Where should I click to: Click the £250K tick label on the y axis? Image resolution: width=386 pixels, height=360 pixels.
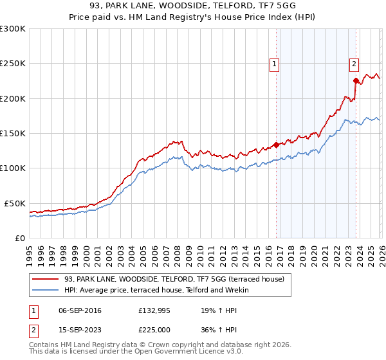[12, 64]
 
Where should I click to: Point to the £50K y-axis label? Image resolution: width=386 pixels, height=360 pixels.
[15, 203]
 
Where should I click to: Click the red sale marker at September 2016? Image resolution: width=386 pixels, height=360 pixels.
[277, 145]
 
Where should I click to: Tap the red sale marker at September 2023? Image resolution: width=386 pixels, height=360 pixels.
[356, 81]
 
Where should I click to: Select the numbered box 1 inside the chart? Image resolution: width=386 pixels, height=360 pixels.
[275, 63]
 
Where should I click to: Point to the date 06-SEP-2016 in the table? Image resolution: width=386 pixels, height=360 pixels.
[80, 310]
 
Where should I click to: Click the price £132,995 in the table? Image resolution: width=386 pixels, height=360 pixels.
[155, 310]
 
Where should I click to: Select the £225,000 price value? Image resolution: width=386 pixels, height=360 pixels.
[155, 329]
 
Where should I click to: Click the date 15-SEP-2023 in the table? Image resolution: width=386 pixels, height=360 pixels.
[80, 329]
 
